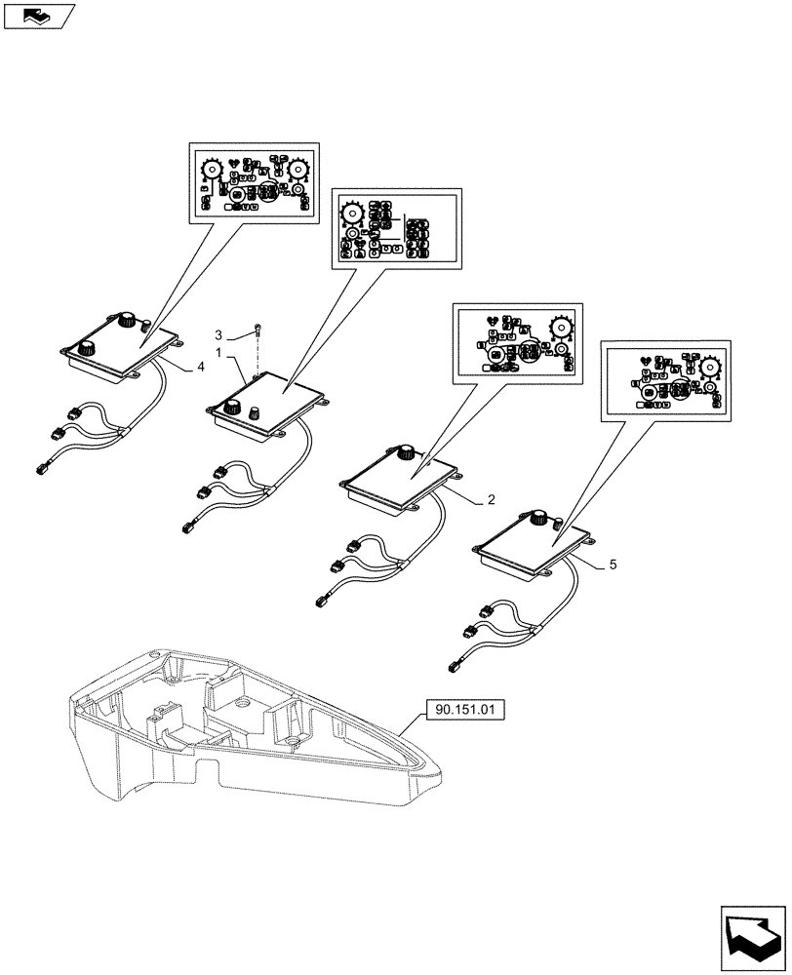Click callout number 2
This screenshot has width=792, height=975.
[492, 500]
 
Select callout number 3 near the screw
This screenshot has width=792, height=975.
[219, 333]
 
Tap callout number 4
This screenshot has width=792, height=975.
[200, 367]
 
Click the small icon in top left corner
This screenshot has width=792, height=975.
[38, 15]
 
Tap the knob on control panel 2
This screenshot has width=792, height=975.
[406, 451]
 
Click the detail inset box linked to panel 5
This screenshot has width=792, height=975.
[665, 383]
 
